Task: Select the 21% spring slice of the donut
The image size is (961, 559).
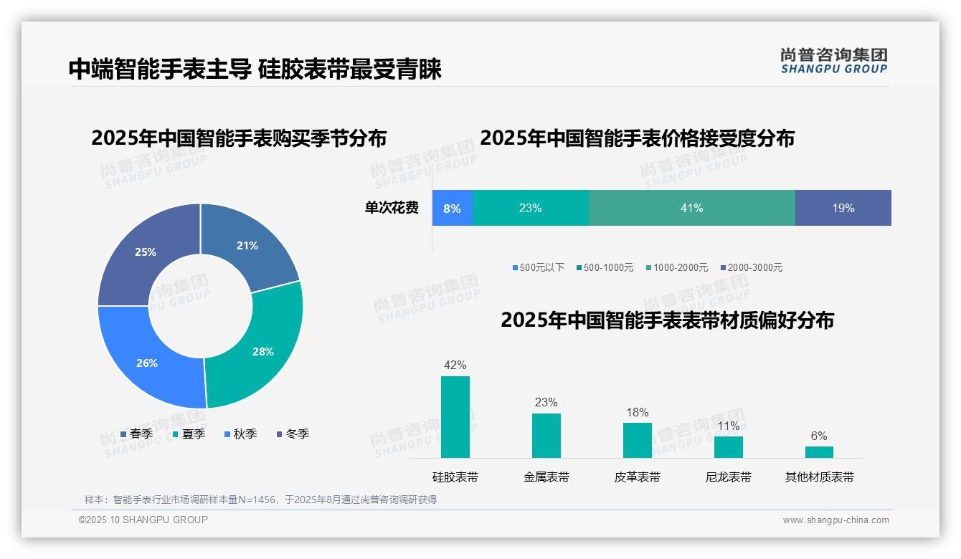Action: click(x=247, y=246)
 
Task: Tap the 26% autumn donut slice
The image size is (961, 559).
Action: click(x=148, y=363)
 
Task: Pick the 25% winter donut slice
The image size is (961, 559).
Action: click(x=146, y=252)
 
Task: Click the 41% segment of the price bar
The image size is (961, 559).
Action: click(x=691, y=208)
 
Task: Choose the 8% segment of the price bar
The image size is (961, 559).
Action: click(x=452, y=209)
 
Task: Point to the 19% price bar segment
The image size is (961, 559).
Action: click(x=843, y=208)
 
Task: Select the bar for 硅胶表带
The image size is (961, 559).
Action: click(x=455, y=417)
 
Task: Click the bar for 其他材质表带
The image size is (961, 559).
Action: click(x=819, y=452)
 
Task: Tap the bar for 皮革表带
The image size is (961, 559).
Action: click(x=637, y=440)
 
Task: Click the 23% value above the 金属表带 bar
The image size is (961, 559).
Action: click(x=546, y=402)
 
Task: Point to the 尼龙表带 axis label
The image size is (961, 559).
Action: click(x=728, y=477)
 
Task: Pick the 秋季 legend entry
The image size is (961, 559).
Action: click(x=240, y=434)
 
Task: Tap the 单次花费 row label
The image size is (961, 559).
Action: click(x=392, y=208)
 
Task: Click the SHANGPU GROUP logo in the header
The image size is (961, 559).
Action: click(x=833, y=61)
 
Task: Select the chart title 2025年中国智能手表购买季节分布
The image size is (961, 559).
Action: click(x=239, y=138)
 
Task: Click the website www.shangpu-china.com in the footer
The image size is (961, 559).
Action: click(x=835, y=520)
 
